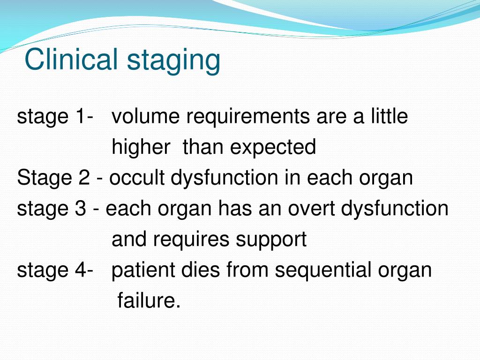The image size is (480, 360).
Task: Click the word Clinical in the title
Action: [71, 59]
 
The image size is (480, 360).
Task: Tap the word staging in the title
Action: [173, 61]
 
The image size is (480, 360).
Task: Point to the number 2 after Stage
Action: [84, 178]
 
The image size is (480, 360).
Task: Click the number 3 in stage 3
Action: [80, 208]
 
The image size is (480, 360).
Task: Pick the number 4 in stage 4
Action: [80, 270]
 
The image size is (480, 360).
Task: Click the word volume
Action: [145, 116]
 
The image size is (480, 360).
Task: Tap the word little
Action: [390, 116]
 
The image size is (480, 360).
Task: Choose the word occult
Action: [137, 178]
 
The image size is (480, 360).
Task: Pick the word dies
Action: [200, 270]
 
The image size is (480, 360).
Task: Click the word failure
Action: [149, 300]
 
